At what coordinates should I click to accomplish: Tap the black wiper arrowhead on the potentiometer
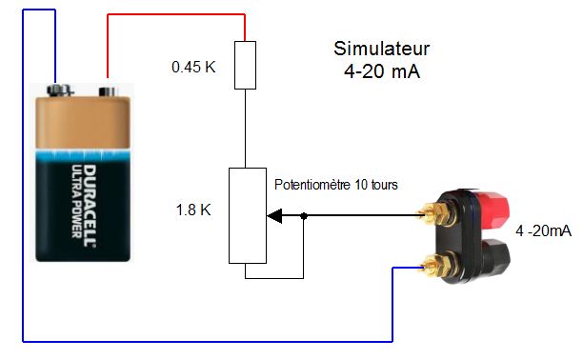pyautogui.click(x=274, y=215)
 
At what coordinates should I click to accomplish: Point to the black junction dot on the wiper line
pyautogui.click(x=303, y=215)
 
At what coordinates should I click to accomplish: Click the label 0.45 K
pyautogui.click(x=193, y=68)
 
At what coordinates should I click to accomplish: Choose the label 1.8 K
pyautogui.click(x=193, y=210)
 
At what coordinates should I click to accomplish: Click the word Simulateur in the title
pyautogui.click(x=381, y=49)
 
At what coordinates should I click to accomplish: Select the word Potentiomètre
pyautogui.click(x=312, y=185)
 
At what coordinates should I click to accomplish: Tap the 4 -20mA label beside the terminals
pyautogui.click(x=543, y=230)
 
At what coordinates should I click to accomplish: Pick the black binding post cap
pyautogui.click(x=494, y=257)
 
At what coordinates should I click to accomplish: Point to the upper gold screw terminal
pyautogui.click(x=435, y=213)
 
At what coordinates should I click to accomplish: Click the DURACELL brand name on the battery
pyautogui.click(x=89, y=206)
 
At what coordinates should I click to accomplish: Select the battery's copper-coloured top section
pyautogui.click(x=83, y=122)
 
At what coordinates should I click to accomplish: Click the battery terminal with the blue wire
pyautogui.click(x=58, y=90)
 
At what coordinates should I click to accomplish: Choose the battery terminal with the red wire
pyautogui.click(x=108, y=91)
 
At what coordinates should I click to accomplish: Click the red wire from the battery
pyautogui.click(x=176, y=15)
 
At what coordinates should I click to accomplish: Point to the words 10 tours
pyautogui.click(x=376, y=185)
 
